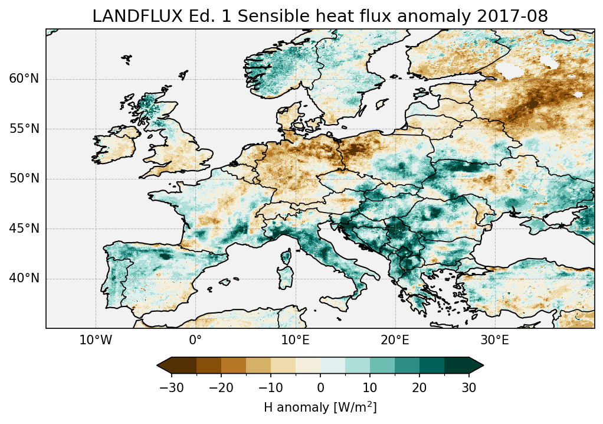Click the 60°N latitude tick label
[24, 79]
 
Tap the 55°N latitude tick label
[24, 129]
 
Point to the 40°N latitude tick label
[24, 278]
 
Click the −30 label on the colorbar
[171, 387]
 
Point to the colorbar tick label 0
[320, 387]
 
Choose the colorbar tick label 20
[420, 387]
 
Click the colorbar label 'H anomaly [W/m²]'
[320, 407]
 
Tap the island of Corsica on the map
[288, 256]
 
